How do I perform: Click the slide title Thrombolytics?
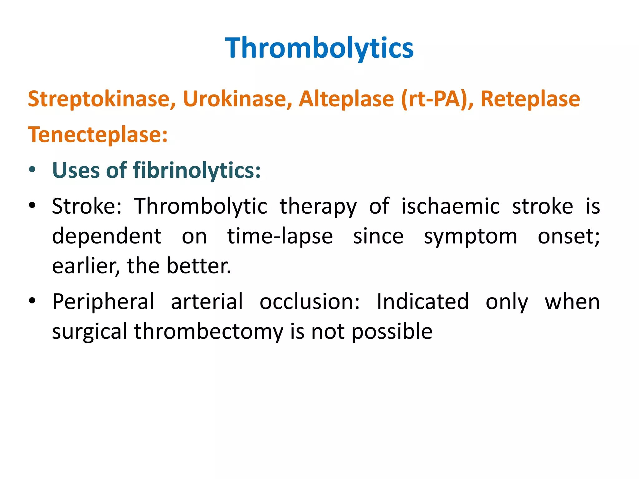pos(319,48)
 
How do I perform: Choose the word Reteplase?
pos(530,99)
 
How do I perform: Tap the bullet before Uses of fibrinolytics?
pos(32,170)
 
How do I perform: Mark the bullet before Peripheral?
pos(32,301)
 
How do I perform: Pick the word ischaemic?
pos(450,206)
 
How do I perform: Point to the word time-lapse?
pos(280,236)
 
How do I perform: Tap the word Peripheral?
pos(103,302)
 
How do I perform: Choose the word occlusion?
pos(310,302)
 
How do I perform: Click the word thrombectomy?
pos(208,331)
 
